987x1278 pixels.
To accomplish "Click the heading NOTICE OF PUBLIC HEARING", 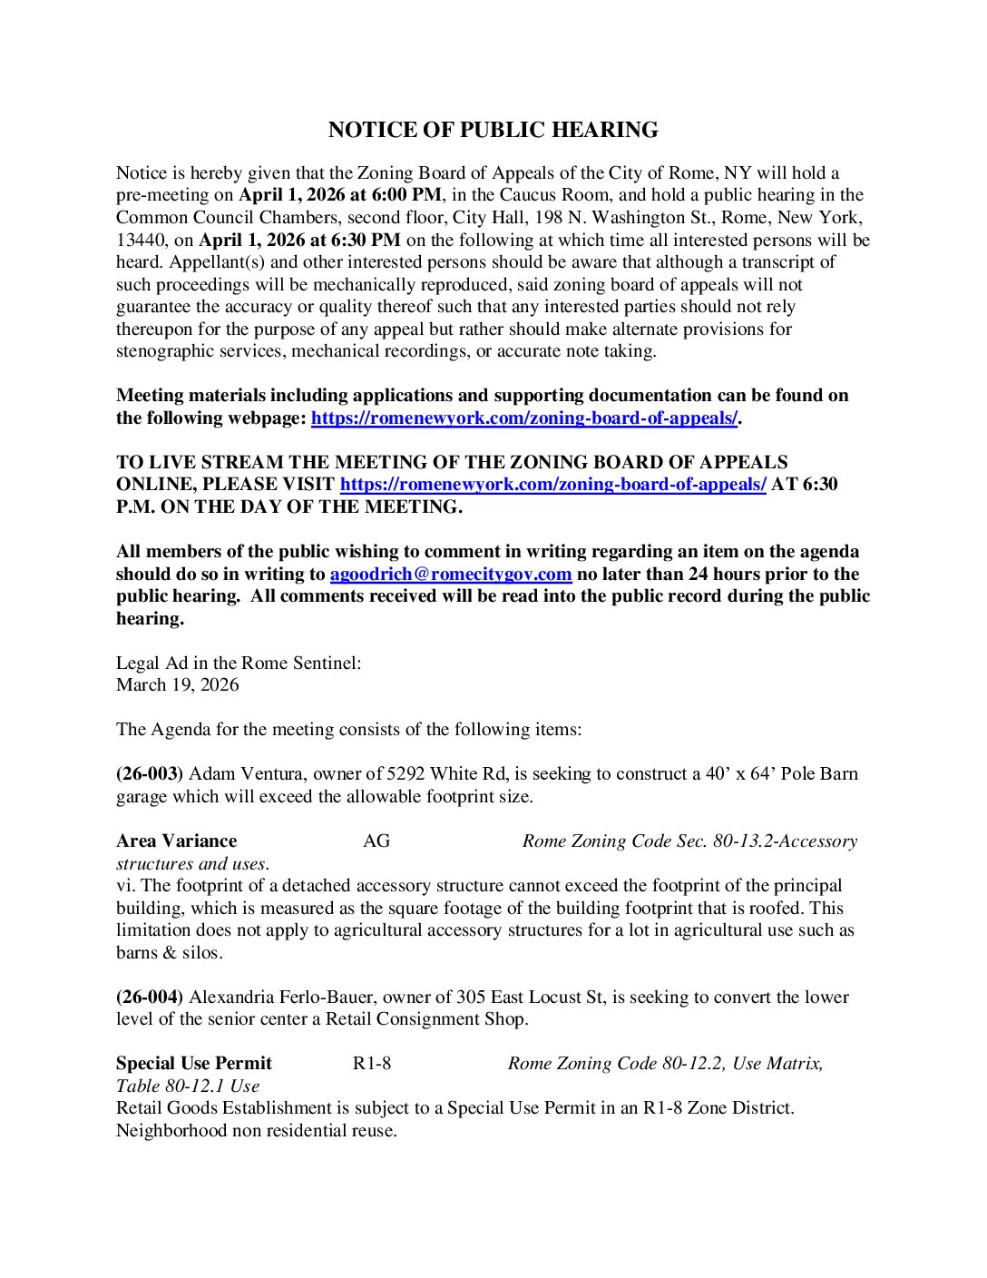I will [493, 130].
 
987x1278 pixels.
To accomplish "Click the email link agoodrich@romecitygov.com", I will [450, 574].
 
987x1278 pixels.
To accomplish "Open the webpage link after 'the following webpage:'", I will [524, 418].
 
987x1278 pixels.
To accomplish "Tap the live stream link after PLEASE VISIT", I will [552, 484].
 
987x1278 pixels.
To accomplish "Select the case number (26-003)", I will [150, 773].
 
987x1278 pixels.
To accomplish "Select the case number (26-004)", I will [150, 997].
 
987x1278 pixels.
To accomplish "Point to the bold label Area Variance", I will [176, 841].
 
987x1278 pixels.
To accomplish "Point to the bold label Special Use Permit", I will [193, 1063].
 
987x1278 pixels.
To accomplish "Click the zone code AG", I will [376, 841].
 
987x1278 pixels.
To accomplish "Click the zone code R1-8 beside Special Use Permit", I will [372, 1063].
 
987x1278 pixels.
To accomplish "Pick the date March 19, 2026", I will [178, 684].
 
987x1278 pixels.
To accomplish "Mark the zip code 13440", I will [142, 240].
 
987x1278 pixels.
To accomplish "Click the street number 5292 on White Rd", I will [406, 773].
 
